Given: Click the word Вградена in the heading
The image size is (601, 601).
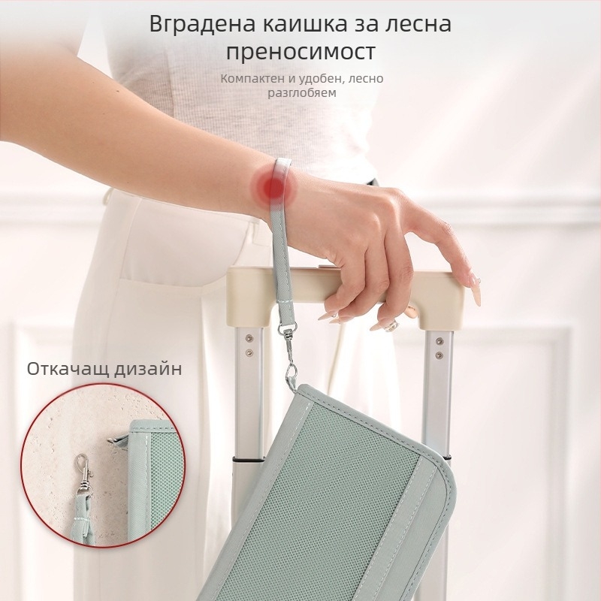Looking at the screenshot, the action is click(202, 25).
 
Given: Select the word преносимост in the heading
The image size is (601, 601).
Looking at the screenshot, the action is click(300, 52).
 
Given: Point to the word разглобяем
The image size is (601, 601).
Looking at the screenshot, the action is click(302, 92).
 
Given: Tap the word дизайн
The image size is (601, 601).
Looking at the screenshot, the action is click(148, 370).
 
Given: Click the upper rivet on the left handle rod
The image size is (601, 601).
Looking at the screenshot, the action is click(249, 339).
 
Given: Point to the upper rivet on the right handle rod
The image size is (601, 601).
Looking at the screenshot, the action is click(439, 341).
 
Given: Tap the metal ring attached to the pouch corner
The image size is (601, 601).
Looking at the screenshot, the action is click(291, 373).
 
